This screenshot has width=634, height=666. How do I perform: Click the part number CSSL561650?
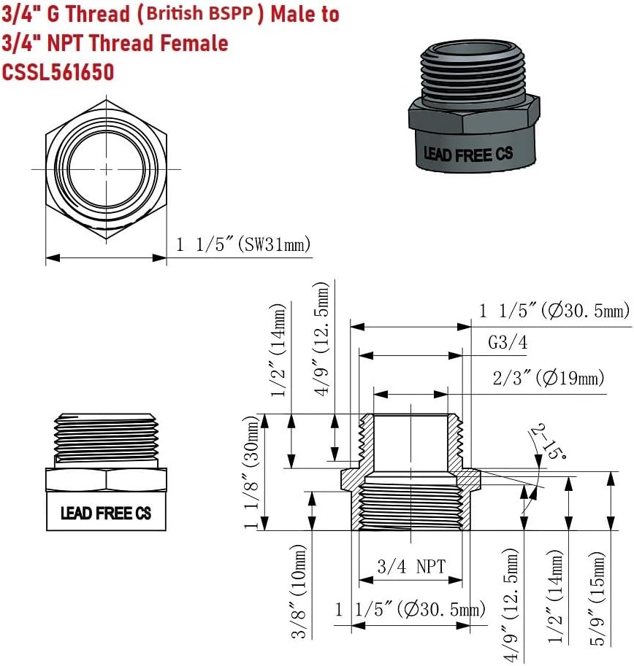pos(58,71)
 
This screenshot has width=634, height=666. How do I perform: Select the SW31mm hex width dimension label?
pos(243,244)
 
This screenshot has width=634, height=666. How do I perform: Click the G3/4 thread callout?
pos(508,342)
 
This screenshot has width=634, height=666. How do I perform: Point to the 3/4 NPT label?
pos(411,566)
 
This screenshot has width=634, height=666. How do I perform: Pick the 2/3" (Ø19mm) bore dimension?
pos(549,378)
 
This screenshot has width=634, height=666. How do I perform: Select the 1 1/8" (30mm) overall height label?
pos(251,472)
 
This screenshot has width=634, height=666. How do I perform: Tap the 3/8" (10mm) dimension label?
pos(299,592)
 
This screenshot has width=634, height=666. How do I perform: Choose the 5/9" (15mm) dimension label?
pos(597,598)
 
